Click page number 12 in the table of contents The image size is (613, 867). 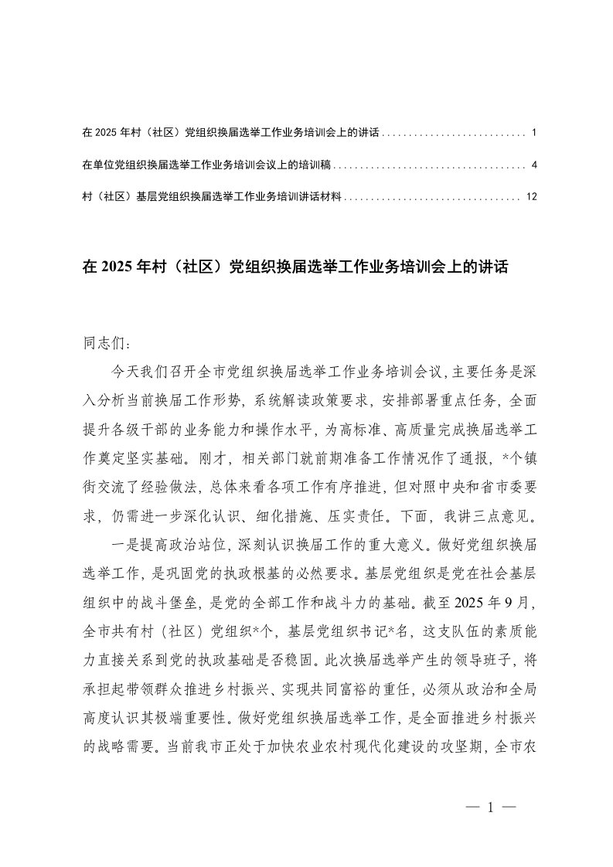530,197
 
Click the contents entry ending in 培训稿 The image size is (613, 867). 209,165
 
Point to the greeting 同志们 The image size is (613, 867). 101,342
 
